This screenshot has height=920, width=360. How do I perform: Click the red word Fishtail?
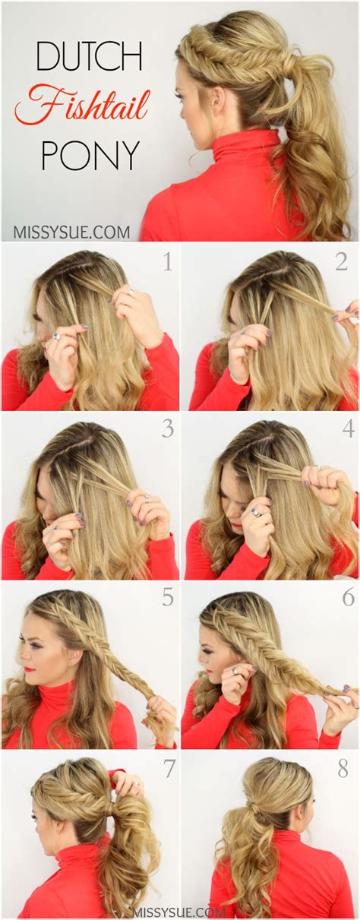(82, 106)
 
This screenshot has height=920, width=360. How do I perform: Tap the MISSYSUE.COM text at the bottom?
(179, 911)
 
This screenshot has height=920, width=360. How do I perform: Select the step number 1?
(167, 262)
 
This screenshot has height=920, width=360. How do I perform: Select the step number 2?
(341, 262)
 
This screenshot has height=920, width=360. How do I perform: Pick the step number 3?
(167, 429)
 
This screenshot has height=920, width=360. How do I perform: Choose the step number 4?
(347, 428)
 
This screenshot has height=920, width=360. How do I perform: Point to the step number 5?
(167, 597)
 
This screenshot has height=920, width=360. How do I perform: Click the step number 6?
(347, 597)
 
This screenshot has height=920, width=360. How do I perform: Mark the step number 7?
(169, 768)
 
